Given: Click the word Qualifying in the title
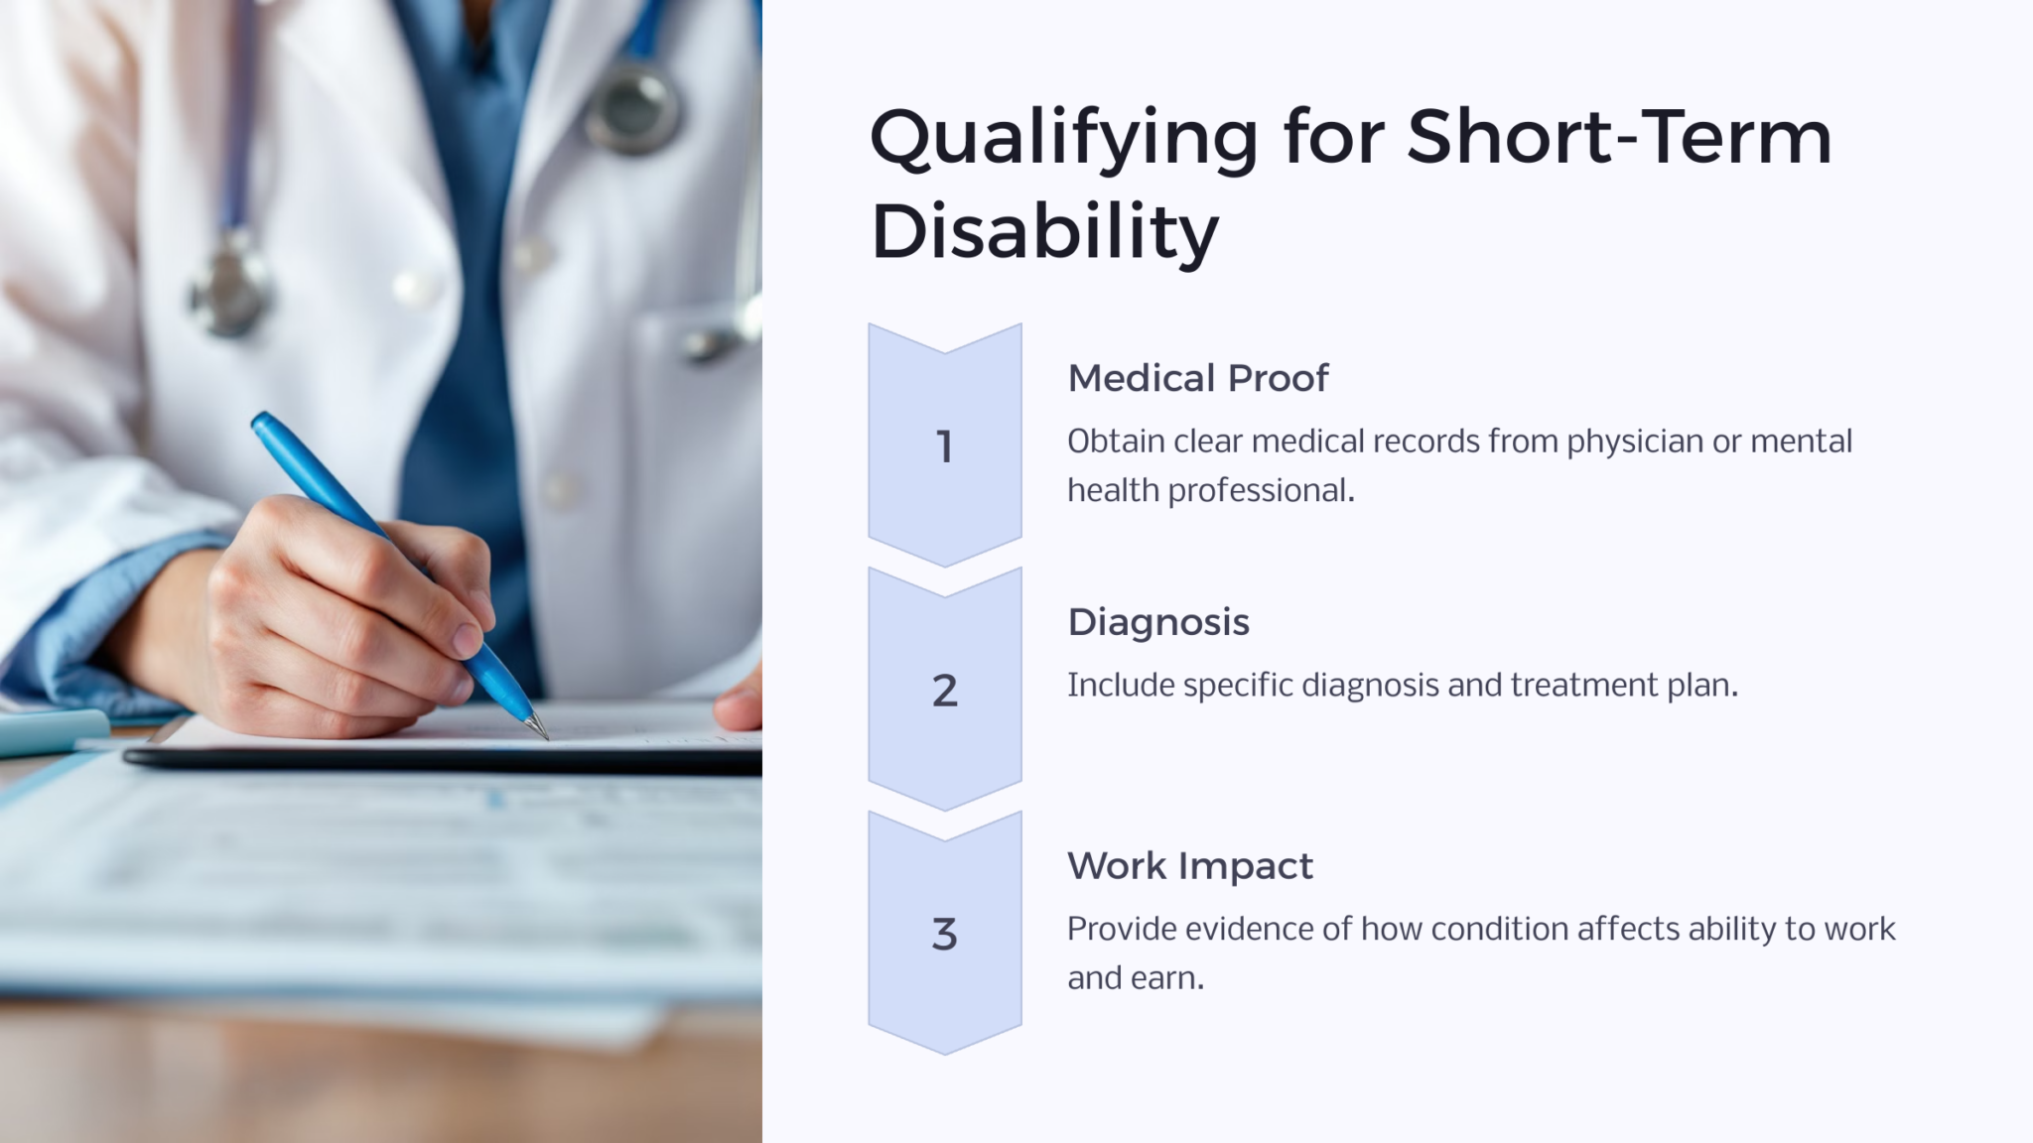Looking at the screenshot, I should pyautogui.click(x=1063, y=139).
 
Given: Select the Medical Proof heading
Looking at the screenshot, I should pyautogui.click(x=1197, y=378).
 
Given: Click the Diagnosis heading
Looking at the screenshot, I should pyautogui.click(x=1157, y=622).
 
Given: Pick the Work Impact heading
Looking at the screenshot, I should pyautogui.click(x=1189, y=866).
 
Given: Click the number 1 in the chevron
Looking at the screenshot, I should pyautogui.click(x=944, y=446).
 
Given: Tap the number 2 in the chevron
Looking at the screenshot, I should pyautogui.click(x=944, y=691).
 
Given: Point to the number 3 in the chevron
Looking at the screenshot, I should pyautogui.click(x=944, y=935).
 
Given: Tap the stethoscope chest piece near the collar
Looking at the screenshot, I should pyautogui.click(x=632, y=109).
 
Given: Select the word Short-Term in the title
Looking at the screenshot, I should pyautogui.click(x=1618, y=139).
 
